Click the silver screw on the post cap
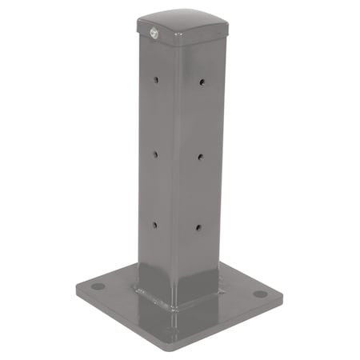pos(152,33)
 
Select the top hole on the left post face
pos(157,80)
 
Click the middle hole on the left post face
pos(156,151)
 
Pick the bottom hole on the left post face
pos(155,224)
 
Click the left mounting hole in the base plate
pos(98,286)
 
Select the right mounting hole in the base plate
pos(260,294)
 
